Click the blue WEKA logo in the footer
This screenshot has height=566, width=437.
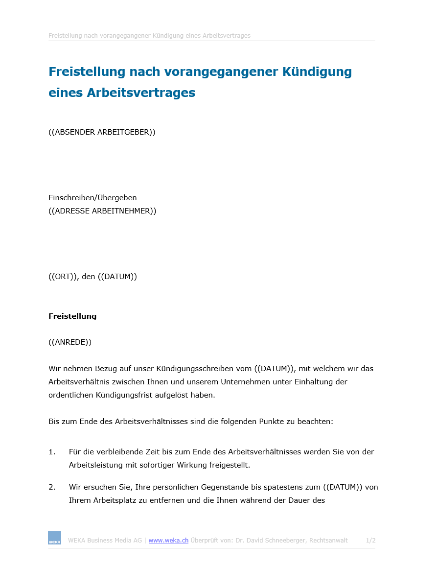point(54,538)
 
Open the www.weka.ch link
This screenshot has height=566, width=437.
point(168,541)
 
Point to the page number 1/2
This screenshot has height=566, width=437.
point(370,541)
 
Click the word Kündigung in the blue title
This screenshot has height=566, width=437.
point(317,72)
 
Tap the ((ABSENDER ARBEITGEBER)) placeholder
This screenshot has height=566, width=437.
point(102,132)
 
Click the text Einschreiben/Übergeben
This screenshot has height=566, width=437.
point(92,198)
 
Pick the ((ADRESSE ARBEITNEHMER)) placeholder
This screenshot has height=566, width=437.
point(102,211)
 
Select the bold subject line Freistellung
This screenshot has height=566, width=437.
point(72,316)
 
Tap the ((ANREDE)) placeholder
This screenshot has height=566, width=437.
point(70,342)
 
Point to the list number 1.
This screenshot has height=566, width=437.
point(52,452)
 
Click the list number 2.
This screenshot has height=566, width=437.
point(52,487)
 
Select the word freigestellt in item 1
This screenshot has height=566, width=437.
point(229,465)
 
